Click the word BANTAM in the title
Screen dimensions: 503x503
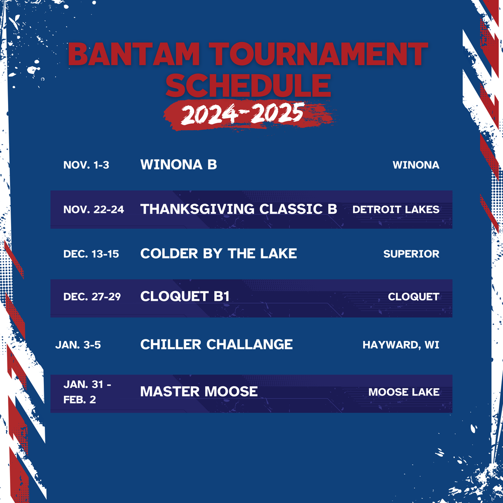(x=134, y=54)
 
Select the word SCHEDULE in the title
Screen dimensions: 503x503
(x=248, y=86)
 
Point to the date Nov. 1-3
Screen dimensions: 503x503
(x=87, y=165)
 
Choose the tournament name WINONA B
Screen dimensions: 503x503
(x=179, y=164)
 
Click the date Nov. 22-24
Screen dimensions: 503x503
(x=94, y=209)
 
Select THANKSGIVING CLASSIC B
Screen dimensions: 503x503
(x=238, y=209)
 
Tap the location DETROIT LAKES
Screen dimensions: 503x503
(x=396, y=209)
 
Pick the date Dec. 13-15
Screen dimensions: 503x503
(x=91, y=254)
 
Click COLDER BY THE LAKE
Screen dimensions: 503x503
(x=218, y=254)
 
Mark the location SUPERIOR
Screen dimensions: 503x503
(x=411, y=254)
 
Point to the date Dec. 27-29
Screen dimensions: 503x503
(x=92, y=297)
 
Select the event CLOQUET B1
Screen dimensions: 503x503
(x=185, y=296)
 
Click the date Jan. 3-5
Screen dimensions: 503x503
(x=78, y=345)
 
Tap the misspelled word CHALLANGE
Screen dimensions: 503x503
(x=249, y=345)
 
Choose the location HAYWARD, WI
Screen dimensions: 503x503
(x=401, y=345)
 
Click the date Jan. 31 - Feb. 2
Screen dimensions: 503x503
(x=87, y=392)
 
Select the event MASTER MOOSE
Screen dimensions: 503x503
(x=199, y=392)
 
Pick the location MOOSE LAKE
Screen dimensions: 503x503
(x=404, y=392)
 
